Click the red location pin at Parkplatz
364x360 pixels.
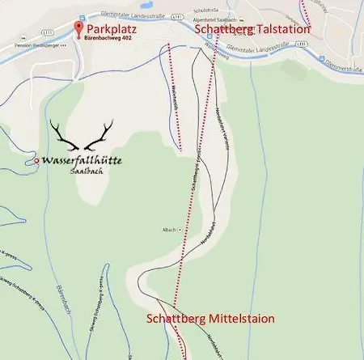(x=78, y=29)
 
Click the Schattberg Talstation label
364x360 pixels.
(x=252, y=29)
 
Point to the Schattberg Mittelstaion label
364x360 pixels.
(x=210, y=319)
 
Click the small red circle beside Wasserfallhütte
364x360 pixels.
(x=36, y=162)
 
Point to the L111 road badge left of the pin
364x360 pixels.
(x=49, y=31)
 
